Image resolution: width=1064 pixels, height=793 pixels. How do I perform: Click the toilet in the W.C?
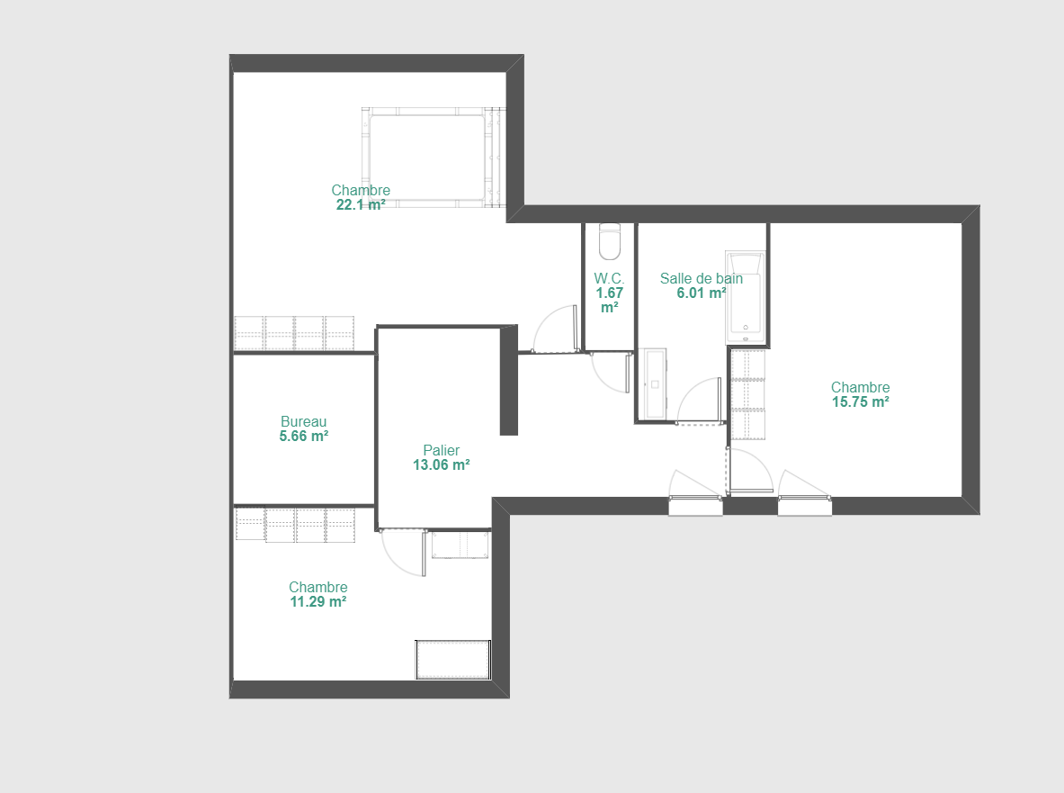610,242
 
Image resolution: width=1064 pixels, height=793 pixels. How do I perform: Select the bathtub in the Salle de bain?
746,297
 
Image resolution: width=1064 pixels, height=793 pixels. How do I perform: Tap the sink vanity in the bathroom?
655,383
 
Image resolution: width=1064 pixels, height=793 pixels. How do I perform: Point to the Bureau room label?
303,421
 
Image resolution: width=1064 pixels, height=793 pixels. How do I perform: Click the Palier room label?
441,450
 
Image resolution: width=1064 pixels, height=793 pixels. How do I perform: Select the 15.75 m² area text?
861,402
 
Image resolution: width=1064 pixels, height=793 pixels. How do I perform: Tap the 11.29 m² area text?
318,601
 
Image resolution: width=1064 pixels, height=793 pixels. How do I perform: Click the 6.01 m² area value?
701,293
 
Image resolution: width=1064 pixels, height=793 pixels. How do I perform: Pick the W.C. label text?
610,278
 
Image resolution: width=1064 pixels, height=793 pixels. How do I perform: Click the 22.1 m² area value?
361,205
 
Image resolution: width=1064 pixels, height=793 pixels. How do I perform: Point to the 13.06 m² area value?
441,465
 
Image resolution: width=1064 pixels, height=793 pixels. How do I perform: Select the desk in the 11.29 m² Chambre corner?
452,659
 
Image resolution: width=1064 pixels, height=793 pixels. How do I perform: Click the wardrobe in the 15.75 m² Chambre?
747,394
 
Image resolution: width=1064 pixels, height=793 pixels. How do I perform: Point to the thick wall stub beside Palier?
509,380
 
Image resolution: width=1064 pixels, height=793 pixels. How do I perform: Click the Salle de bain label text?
701,278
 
